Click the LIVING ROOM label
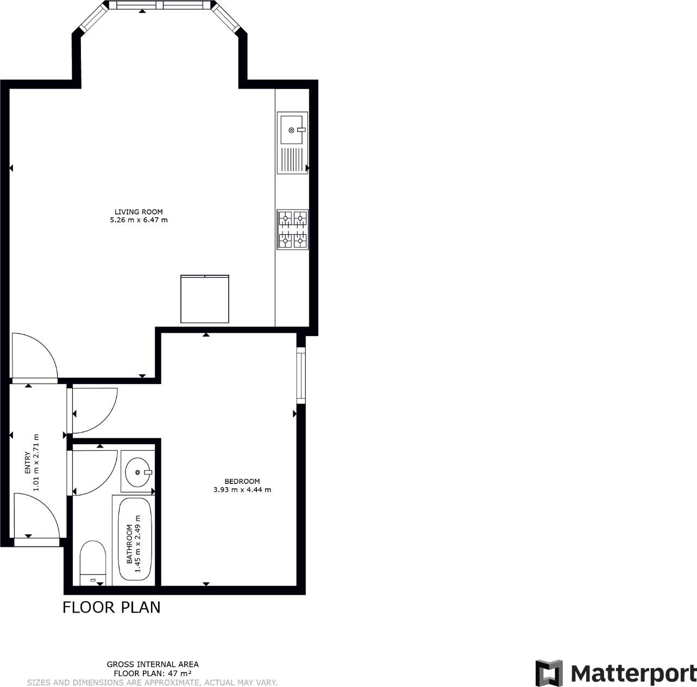click(x=139, y=212)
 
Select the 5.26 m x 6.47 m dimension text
click(x=139, y=220)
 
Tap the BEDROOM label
click(x=242, y=481)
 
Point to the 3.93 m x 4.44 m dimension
click(x=242, y=489)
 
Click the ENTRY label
click(x=28, y=463)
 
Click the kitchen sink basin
click(x=291, y=130)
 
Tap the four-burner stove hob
click(x=292, y=229)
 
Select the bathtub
click(x=135, y=539)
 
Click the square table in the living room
click(x=205, y=299)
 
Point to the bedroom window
click(x=300, y=375)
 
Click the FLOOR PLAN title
click(x=111, y=607)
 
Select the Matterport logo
click(x=616, y=673)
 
